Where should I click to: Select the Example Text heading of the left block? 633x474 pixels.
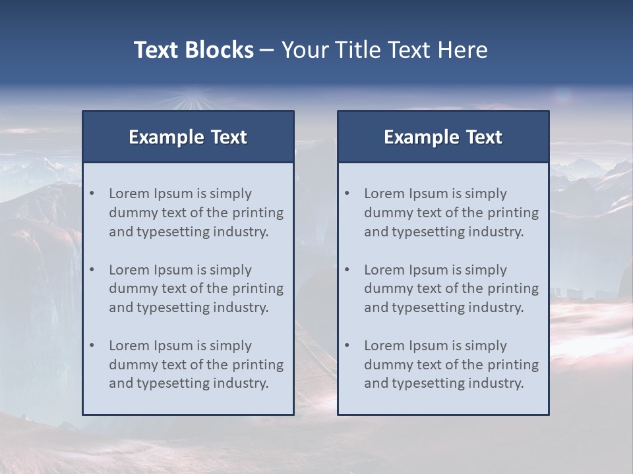[188, 137]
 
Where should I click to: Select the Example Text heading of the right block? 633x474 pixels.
[443, 137]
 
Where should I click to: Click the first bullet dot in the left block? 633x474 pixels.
[92, 194]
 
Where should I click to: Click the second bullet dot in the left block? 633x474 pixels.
[92, 270]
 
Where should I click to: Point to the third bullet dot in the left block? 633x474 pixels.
[92, 346]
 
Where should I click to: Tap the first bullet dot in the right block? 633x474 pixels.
[347, 194]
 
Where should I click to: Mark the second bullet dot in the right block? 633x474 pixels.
[347, 270]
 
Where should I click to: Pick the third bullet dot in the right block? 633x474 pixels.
[347, 346]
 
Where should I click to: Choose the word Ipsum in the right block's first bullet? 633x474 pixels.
[429, 194]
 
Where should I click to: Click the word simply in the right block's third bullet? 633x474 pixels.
[486, 346]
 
